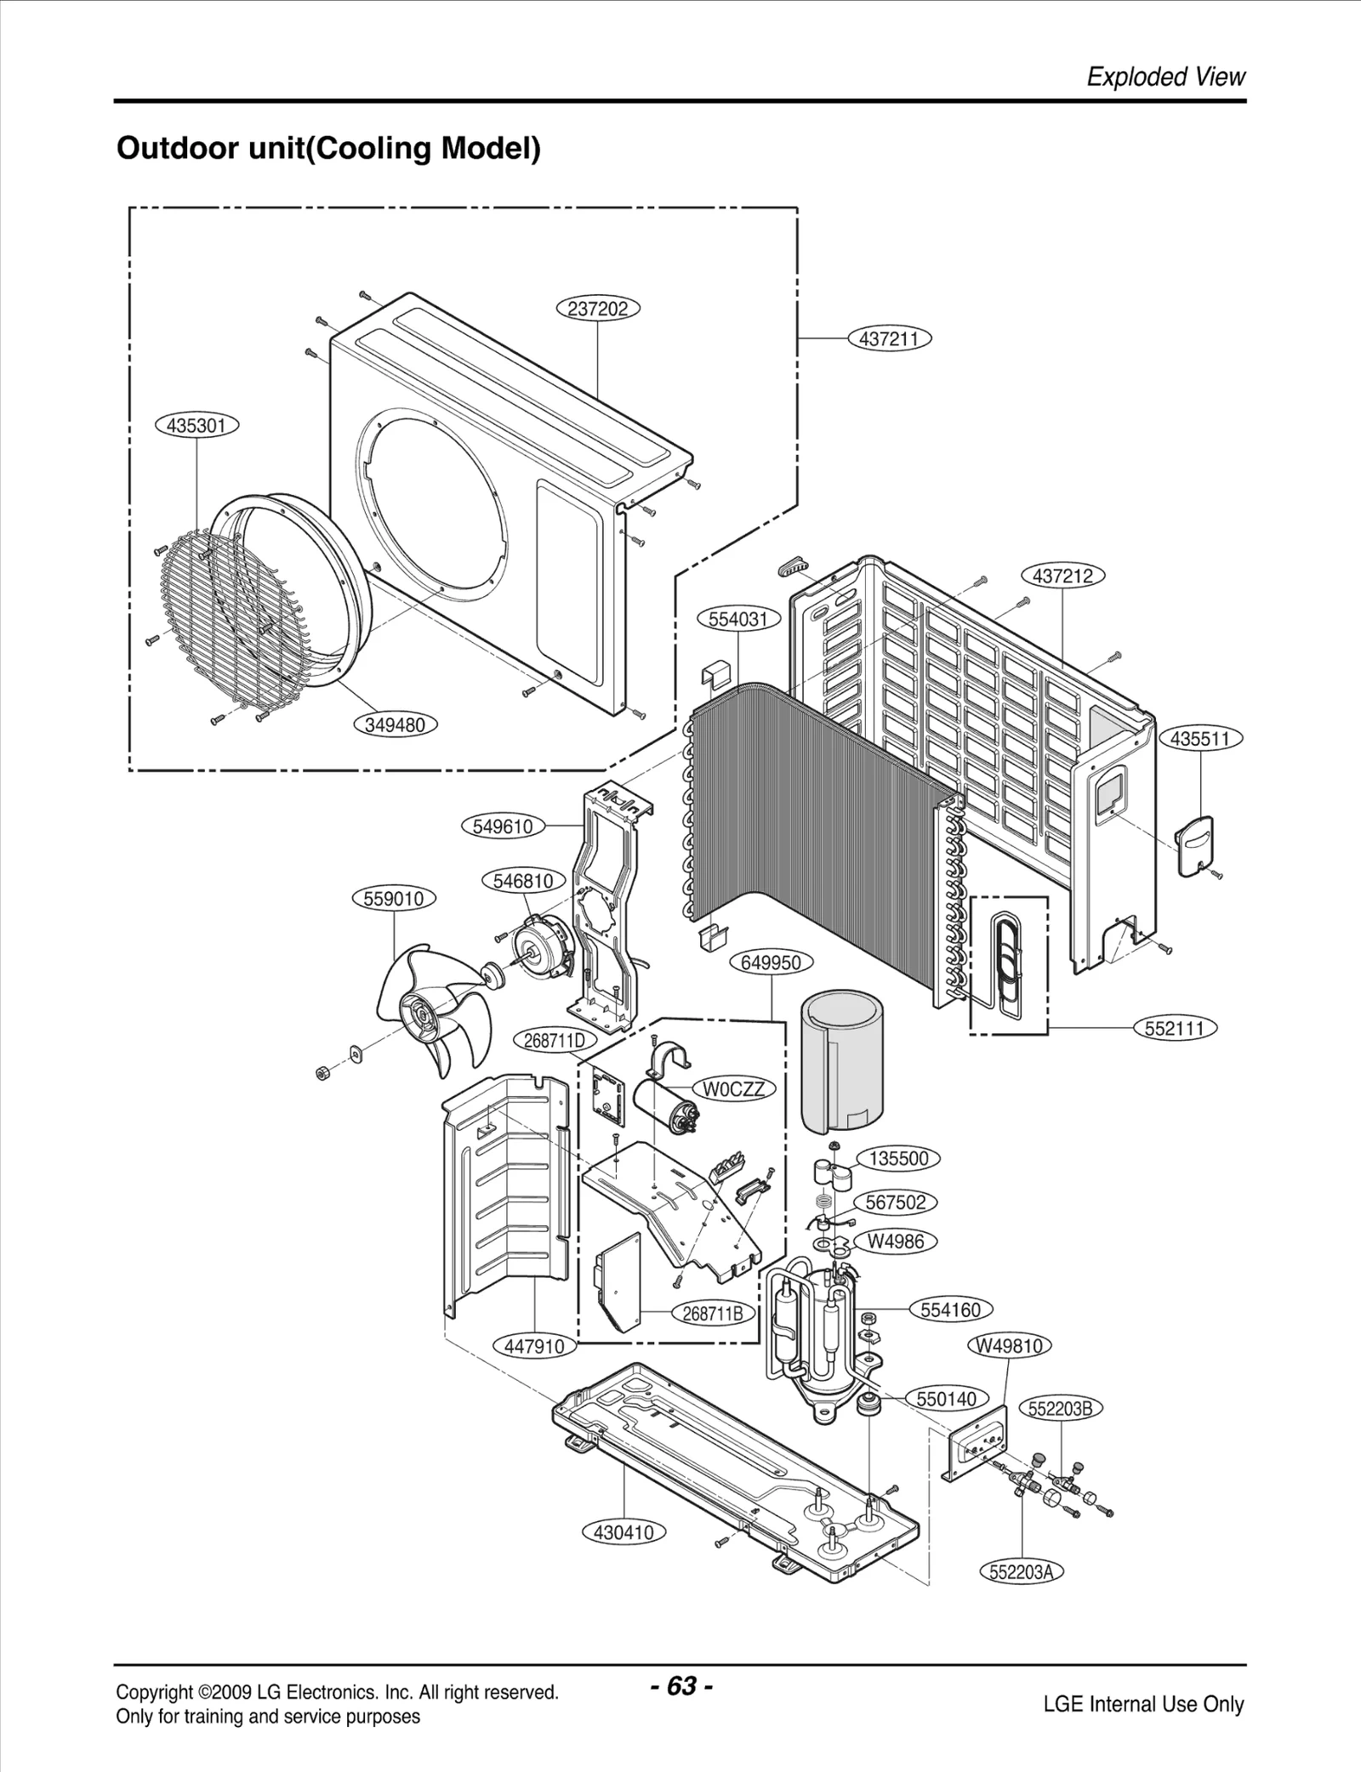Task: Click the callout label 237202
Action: pyautogui.click(x=597, y=309)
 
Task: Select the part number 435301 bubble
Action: pyautogui.click(x=196, y=425)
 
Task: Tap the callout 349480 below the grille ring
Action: pyautogui.click(x=395, y=725)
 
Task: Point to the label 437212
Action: pyautogui.click(x=1062, y=576)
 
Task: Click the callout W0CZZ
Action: pyautogui.click(x=734, y=1089)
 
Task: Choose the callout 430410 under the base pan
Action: pyautogui.click(x=624, y=1532)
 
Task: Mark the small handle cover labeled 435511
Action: pyautogui.click(x=1199, y=844)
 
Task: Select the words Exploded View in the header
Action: pyautogui.click(x=1165, y=77)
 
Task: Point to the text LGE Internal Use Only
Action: pyautogui.click(x=1143, y=1704)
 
